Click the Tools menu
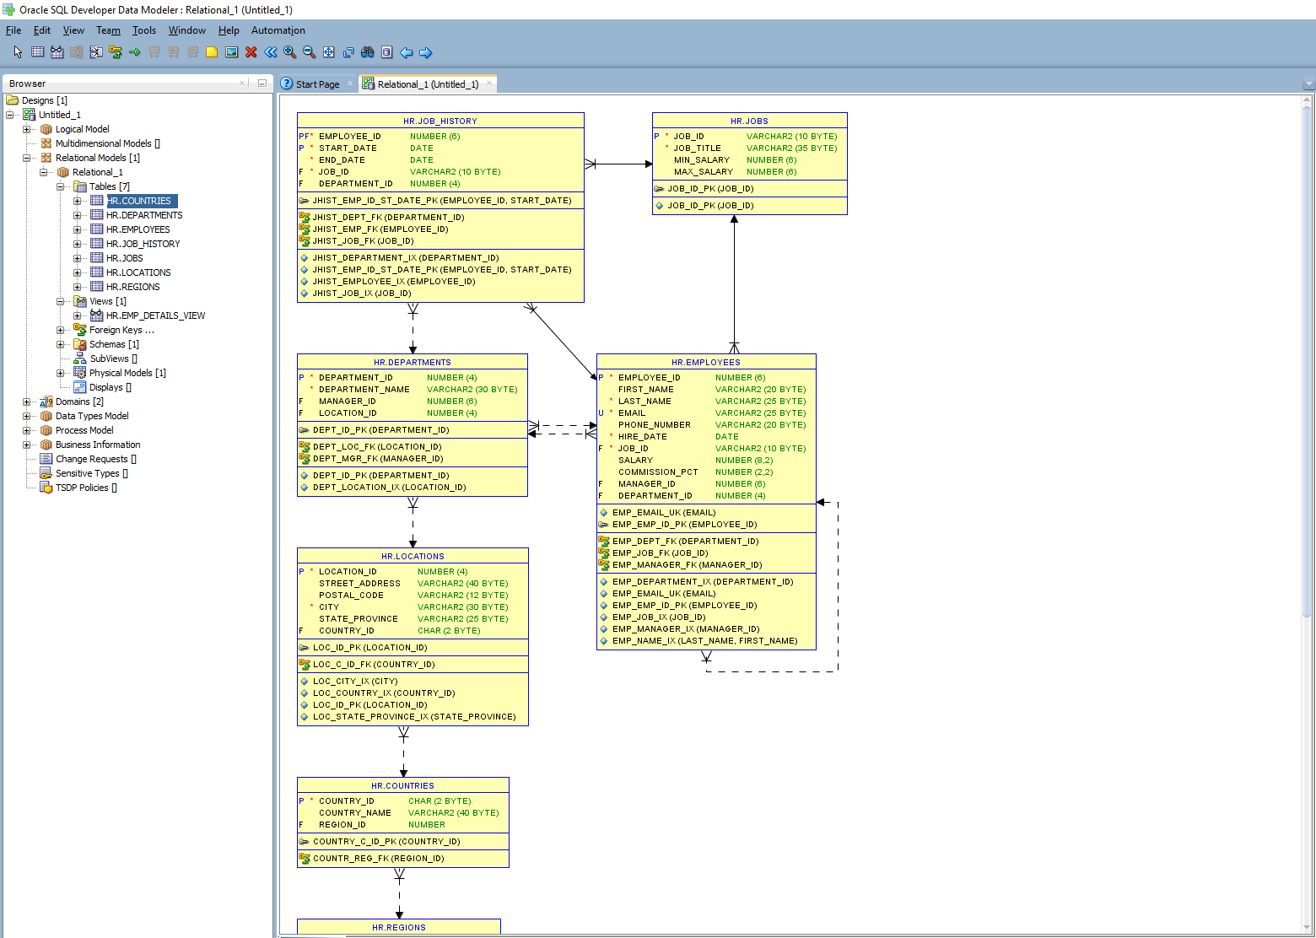click(143, 30)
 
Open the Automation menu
click(278, 30)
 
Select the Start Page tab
click(317, 84)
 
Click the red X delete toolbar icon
click(251, 52)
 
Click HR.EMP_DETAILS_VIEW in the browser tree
click(155, 315)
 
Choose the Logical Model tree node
click(82, 129)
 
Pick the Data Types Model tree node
click(92, 416)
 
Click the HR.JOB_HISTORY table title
click(440, 121)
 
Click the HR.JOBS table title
click(749, 121)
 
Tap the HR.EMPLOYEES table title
click(705, 363)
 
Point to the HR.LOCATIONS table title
click(413, 557)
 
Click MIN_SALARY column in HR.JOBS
click(701, 160)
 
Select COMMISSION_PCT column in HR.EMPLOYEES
click(658, 472)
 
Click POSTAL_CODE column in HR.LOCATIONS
click(351, 596)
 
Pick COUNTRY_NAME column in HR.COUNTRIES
click(354, 813)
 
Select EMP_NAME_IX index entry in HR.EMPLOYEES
click(704, 641)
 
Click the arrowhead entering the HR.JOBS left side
click(647, 164)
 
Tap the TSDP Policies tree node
click(82, 488)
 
